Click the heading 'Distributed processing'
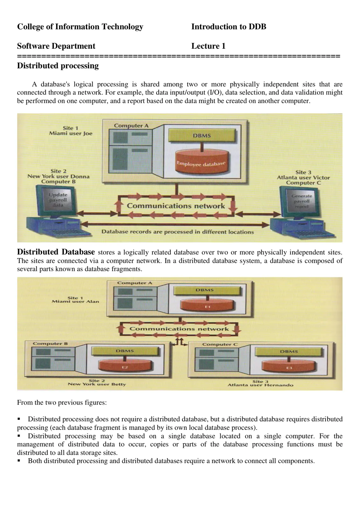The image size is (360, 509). click(58, 66)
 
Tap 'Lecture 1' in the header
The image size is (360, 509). click(208, 46)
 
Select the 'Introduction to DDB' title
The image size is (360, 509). click(228, 27)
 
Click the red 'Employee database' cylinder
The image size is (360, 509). click(201, 161)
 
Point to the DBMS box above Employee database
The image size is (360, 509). click(202, 136)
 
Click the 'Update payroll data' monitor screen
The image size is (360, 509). click(58, 200)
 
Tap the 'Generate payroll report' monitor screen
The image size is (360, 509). click(301, 201)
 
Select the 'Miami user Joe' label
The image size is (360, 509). click(71, 133)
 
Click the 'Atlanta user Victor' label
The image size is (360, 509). click(303, 178)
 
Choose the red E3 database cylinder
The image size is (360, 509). click(289, 366)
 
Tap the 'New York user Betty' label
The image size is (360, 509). click(97, 384)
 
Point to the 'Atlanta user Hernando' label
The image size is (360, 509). click(260, 385)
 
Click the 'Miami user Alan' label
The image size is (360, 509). click(75, 301)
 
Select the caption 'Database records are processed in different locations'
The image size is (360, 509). click(178, 232)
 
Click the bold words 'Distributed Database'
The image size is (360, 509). click(56, 252)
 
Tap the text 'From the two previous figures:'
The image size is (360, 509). click(62, 402)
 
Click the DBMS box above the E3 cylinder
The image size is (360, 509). click(288, 352)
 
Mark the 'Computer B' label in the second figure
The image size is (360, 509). click(50, 344)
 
